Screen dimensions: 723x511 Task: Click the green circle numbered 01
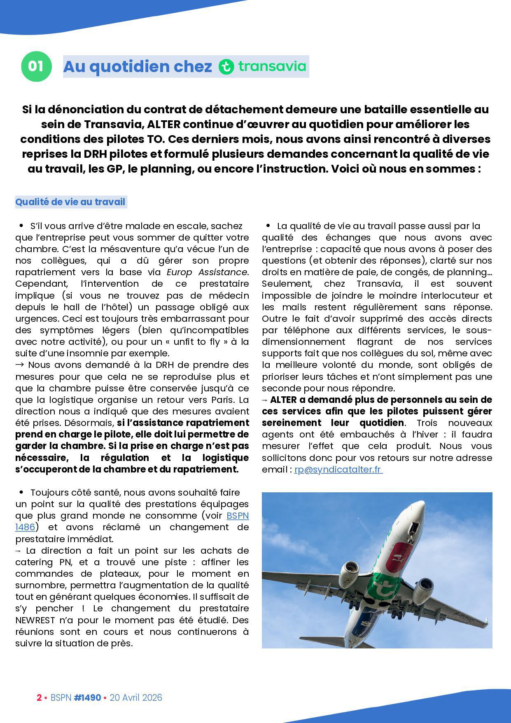coord(36,66)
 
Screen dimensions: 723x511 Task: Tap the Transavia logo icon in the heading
coord(226,67)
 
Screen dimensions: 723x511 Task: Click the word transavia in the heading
coord(272,66)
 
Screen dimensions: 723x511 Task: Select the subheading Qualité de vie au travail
coord(70,202)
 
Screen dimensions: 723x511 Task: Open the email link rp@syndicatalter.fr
coord(338,469)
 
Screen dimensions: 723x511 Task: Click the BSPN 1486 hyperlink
coord(238,515)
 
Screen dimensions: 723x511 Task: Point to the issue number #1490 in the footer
coord(87,697)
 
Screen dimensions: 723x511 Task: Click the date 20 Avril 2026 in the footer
coord(136,697)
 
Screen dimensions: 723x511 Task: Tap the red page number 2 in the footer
coord(39,697)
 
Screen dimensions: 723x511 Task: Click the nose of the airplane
coord(420,505)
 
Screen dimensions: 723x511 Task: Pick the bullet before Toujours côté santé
coord(21,492)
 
